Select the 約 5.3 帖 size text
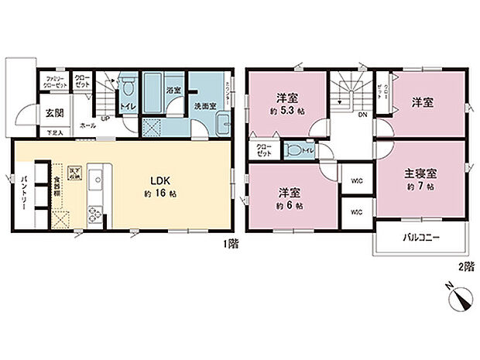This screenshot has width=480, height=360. (288, 111)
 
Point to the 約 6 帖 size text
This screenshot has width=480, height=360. (290, 206)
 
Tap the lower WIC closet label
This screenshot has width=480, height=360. (356, 211)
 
